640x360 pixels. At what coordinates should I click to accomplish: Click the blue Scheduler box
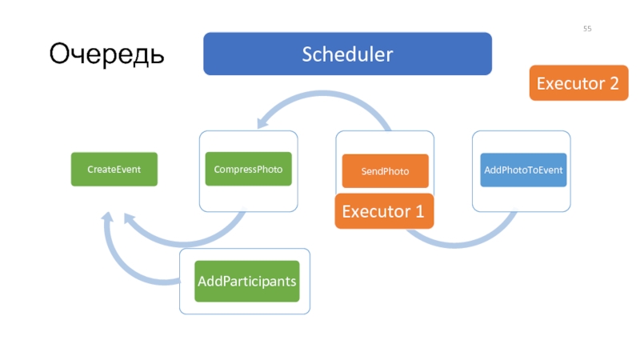tap(347, 54)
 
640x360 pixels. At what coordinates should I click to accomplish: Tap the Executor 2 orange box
tap(578, 83)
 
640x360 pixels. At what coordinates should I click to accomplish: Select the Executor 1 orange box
tap(384, 211)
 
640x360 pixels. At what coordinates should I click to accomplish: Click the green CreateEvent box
tap(114, 170)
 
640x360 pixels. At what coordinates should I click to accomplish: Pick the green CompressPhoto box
tap(249, 169)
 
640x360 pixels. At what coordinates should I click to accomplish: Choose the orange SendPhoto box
tap(386, 171)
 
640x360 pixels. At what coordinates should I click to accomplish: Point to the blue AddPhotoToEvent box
tap(523, 170)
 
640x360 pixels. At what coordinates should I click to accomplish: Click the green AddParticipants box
tap(247, 282)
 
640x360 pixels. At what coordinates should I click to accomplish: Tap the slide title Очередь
tap(106, 54)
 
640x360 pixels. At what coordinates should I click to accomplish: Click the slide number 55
tap(587, 29)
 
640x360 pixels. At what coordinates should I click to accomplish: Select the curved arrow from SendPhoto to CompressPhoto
tap(322, 94)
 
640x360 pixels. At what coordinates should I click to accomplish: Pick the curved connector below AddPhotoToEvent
tap(457, 244)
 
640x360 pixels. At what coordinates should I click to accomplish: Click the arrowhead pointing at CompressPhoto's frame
tap(262, 122)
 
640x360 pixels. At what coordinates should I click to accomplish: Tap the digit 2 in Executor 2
tap(614, 83)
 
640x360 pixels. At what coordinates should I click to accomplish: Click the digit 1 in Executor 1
tap(419, 211)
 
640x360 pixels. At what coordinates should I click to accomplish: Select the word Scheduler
tap(347, 54)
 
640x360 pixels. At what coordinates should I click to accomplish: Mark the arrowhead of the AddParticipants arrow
tap(108, 217)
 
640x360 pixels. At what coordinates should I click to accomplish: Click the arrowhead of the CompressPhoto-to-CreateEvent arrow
tap(130, 218)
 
